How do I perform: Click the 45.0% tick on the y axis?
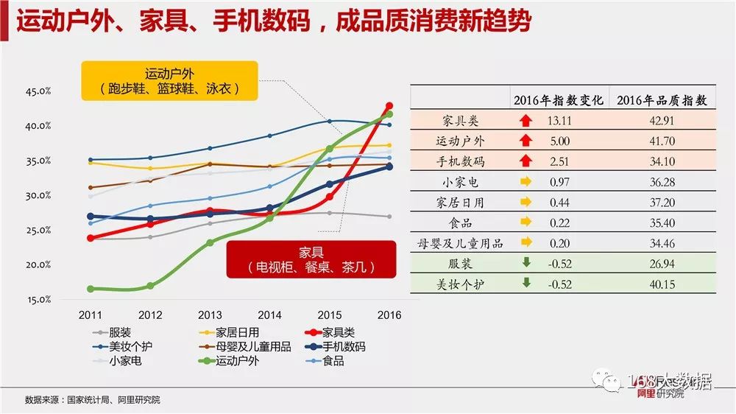[x=38, y=92]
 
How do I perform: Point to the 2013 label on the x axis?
[x=210, y=315]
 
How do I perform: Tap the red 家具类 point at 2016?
[x=389, y=106]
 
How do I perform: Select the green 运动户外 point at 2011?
[x=91, y=289]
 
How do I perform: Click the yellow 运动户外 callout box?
[x=170, y=81]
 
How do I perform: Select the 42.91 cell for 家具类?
[x=662, y=120]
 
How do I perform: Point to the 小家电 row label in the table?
[x=460, y=181]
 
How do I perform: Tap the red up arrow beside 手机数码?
[x=525, y=161]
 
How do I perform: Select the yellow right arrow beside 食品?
[x=526, y=222]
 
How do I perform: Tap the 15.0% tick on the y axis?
[x=38, y=300]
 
